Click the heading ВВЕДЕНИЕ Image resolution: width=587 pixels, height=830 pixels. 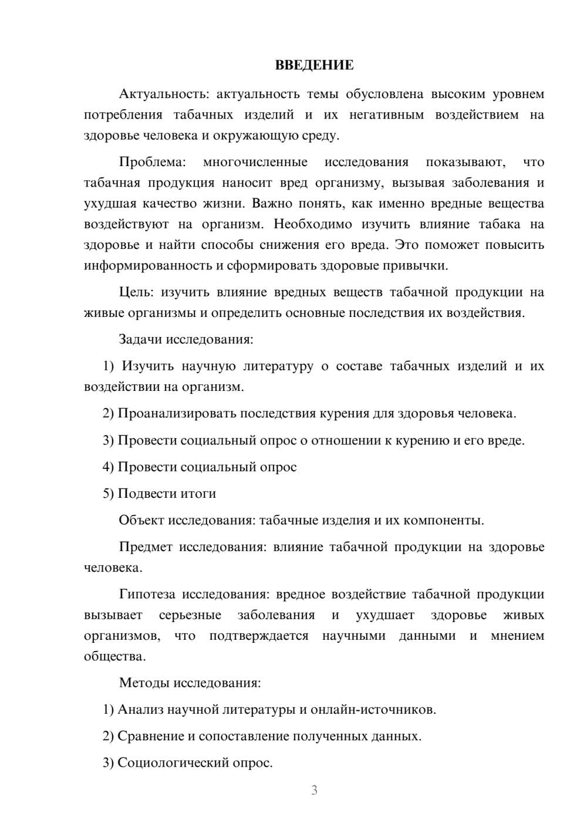tap(314, 65)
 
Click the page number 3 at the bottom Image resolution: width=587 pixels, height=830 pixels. tap(314, 790)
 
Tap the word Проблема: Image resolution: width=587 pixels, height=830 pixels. tap(152, 162)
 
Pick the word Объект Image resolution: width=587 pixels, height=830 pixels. tap(141, 520)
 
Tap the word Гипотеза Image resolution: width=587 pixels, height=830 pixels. tap(147, 595)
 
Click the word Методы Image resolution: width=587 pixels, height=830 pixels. tap(143, 683)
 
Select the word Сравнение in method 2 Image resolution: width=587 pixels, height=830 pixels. tap(151, 736)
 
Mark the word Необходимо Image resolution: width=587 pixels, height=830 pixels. tap(313, 224)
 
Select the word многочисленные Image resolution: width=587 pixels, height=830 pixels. tap(255, 162)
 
